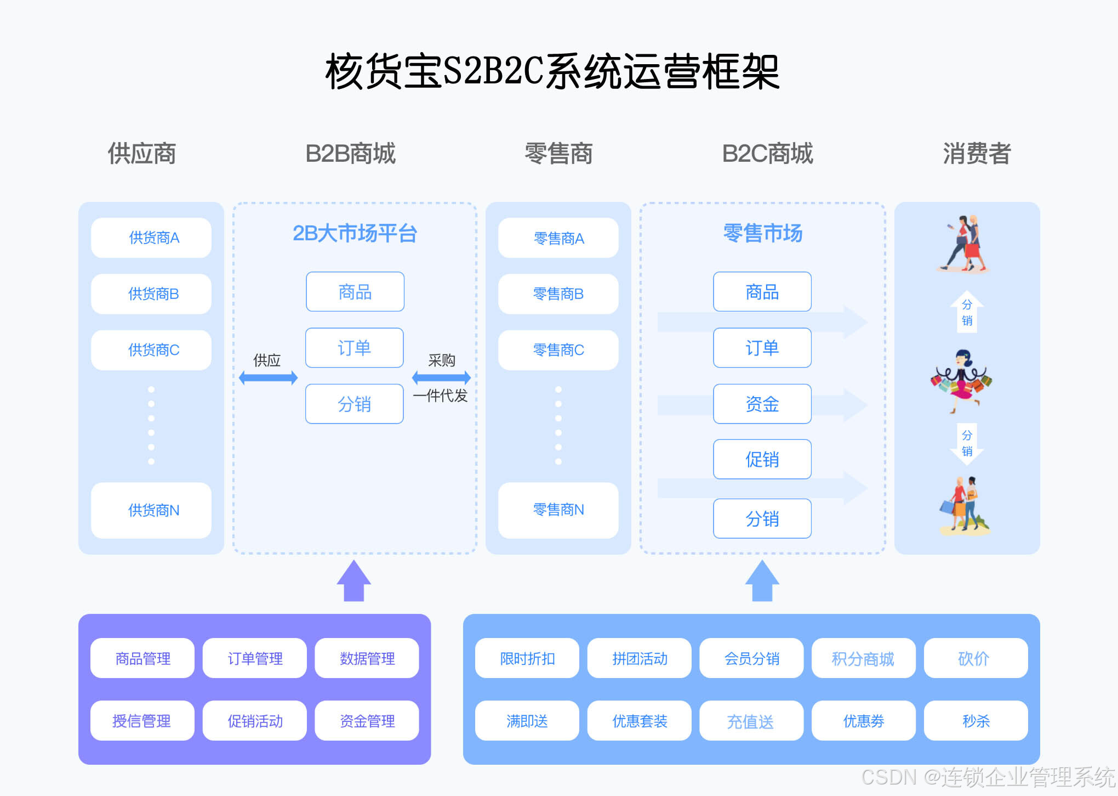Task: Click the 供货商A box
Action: [151, 238]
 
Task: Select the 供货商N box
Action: [151, 510]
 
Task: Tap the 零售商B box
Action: [558, 294]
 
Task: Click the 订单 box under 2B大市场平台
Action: [355, 348]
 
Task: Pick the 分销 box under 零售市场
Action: [762, 518]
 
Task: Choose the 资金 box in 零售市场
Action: [762, 404]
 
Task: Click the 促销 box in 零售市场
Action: [762, 459]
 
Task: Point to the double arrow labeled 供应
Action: [268, 377]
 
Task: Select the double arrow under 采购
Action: [441, 377]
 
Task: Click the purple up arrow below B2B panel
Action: [354, 582]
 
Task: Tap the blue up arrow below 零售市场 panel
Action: [762, 582]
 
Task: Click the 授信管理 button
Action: [142, 721]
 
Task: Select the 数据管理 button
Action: [367, 658]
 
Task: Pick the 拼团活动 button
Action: [639, 658]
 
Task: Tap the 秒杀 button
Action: [976, 721]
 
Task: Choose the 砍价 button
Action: [976, 658]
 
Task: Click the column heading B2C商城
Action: [767, 154]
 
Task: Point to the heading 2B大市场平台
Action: [355, 234]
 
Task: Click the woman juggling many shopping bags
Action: [961, 380]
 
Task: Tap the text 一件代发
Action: [440, 396]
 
